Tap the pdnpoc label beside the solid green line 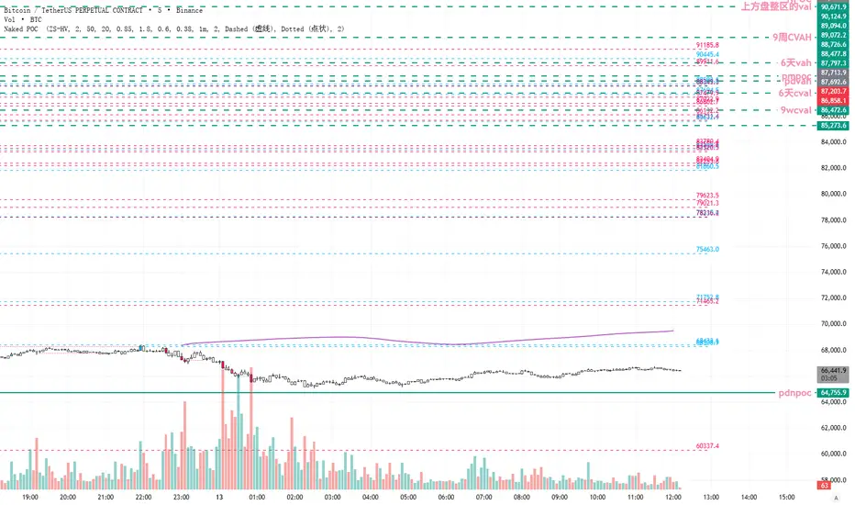(794, 393)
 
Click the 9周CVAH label (791, 38)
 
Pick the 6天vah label (795, 62)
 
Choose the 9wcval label (794, 110)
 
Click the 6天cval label (794, 94)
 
